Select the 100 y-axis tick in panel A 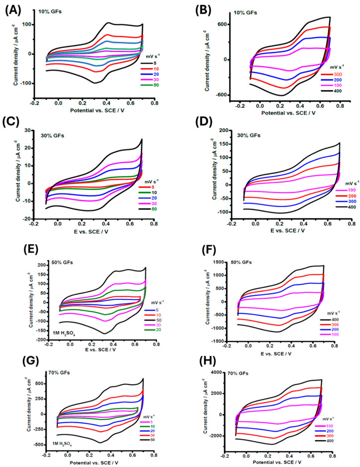(28, 24)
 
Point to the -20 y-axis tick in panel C (26, 219)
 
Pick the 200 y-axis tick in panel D (223, 130)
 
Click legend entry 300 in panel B (338, 74)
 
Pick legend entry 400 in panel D (352, 207)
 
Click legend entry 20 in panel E (158, 330)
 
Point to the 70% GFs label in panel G (59, 372)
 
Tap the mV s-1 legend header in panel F (332, 313)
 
